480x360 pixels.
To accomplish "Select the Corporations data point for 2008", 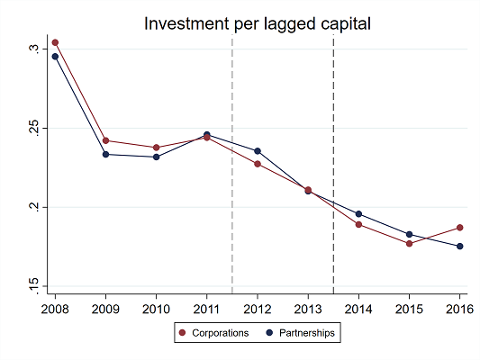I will click(x=56, y=42).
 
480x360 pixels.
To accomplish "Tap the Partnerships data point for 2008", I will click(x=56, y=57).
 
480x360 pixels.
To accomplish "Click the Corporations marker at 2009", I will click(x=106, y=140).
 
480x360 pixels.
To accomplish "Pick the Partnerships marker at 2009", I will click(x=106, y=154).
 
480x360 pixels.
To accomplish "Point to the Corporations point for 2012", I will click(x=258, y=164).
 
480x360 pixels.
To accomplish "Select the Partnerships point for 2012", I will click(x=258, y=151).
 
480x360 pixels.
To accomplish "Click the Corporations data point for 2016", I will click(x=460, y=228).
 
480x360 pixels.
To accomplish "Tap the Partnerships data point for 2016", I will click(x=460, y=247).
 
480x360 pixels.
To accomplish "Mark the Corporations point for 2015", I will click(x=410, y=243).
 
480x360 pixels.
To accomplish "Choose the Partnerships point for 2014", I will click(x=359, y=214).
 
